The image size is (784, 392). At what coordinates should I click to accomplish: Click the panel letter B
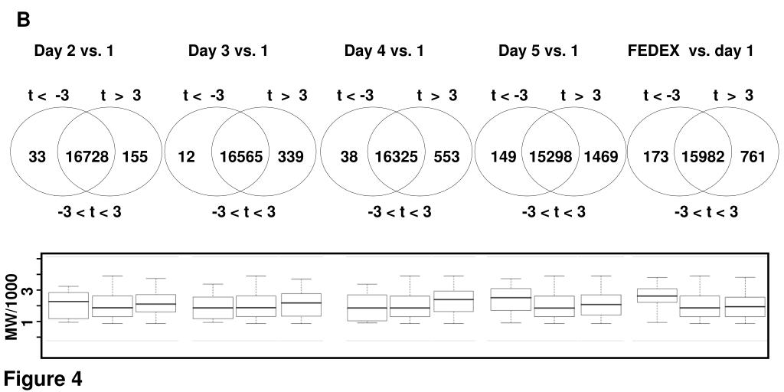tap(23, 21)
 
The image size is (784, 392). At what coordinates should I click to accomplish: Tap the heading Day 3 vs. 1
tap(228, 51)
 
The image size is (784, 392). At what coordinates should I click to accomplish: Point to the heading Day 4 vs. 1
tap(384, 51)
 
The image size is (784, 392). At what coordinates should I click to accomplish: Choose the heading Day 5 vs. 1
tap(538, 51)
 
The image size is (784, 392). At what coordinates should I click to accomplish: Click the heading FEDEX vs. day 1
tap(690, 51)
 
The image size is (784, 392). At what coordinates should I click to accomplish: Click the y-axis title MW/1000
tap(11, 305)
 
